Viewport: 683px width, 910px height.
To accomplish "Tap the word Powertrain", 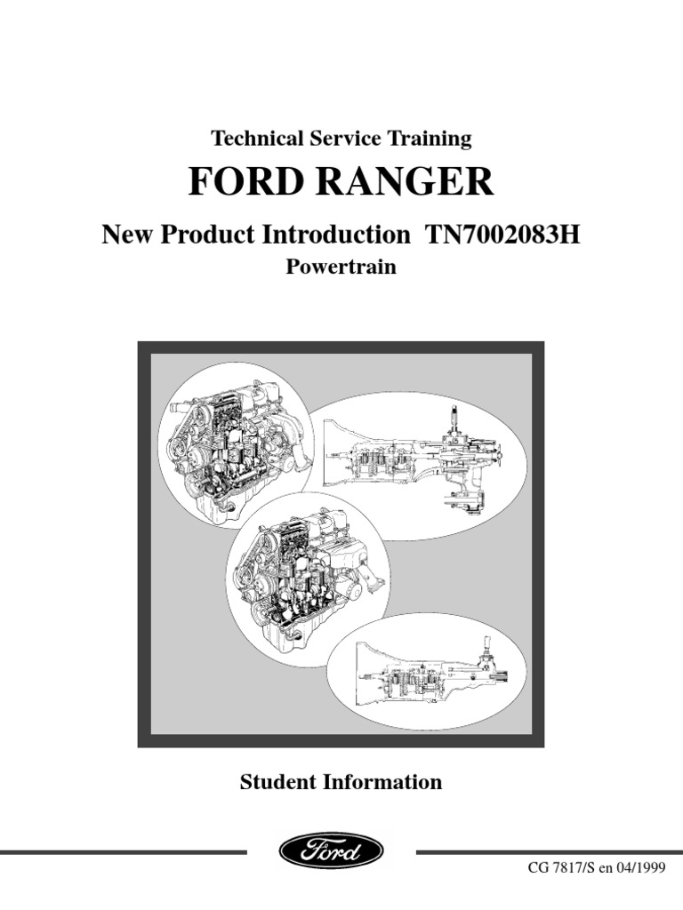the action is [x=341, y=267].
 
